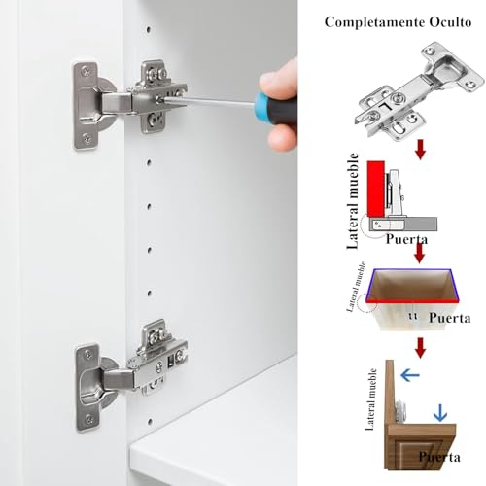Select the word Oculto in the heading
coord(451,22)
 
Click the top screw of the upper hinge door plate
coord(86,70)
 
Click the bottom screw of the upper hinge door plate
coord(87,138)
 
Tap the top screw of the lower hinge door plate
coord(88,355)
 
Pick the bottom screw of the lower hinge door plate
coord(89,420)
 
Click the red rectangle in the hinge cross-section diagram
coord(376,189)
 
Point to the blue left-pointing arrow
coord(410,375)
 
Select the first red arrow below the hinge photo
coord(420,150)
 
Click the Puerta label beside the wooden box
coord(450,318)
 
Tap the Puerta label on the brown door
coord(439,457)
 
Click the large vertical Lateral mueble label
coord(353,201)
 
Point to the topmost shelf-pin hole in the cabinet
coord(149,29)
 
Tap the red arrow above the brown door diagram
coord(420,348)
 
